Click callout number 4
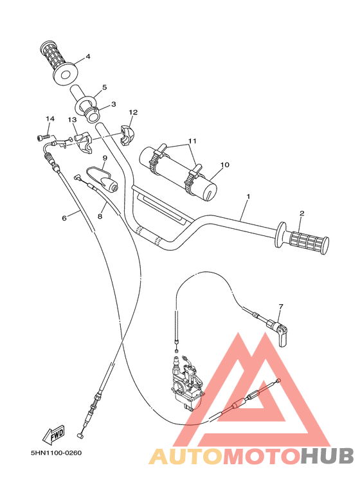[88, 57]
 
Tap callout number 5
[104, 87]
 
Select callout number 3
[113, 104]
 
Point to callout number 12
[133, 113]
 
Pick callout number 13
[72, 120]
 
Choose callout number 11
[192, 141]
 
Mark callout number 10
[224, 165]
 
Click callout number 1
[248, 195]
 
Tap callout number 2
[301, 213]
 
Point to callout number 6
[64, 218]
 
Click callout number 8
[100, 216]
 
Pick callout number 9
[104, 158]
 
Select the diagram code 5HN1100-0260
[56, 452]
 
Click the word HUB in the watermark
[327, 456]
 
